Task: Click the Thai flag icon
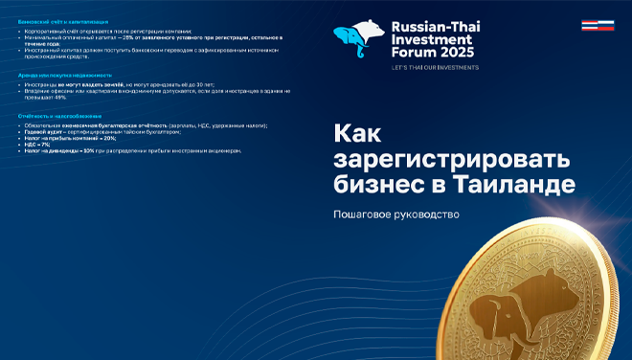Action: tap(591, 26)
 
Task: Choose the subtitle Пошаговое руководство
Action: tap(395, 214)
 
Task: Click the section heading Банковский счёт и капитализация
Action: tap(63, 20)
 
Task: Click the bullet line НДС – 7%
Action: tap(39, 144)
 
